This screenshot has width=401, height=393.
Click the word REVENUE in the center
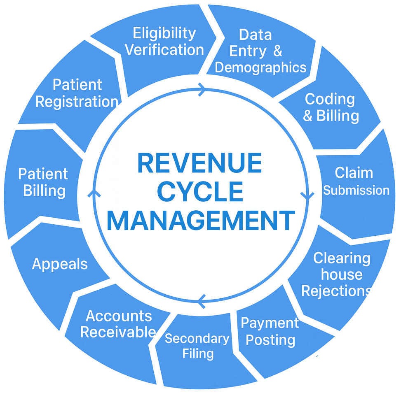(x=199, y=163)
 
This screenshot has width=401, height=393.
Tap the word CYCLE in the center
(x=201, y=192)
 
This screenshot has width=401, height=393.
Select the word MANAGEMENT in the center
(x=201, y=221)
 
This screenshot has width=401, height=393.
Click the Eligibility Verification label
(x=164, y=42)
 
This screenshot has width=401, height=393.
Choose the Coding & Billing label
(x=331, y=107)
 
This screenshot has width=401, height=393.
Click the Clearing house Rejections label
(x=336, y=274)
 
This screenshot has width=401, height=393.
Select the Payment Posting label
(x=269, y=332)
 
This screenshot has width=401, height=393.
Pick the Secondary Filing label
(x=197, y=346)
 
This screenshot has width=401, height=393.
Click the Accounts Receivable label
(x=118, y=324)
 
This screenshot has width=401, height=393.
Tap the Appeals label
(x=60, y=264)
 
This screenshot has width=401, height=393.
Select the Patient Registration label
(x=77, y=93)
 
